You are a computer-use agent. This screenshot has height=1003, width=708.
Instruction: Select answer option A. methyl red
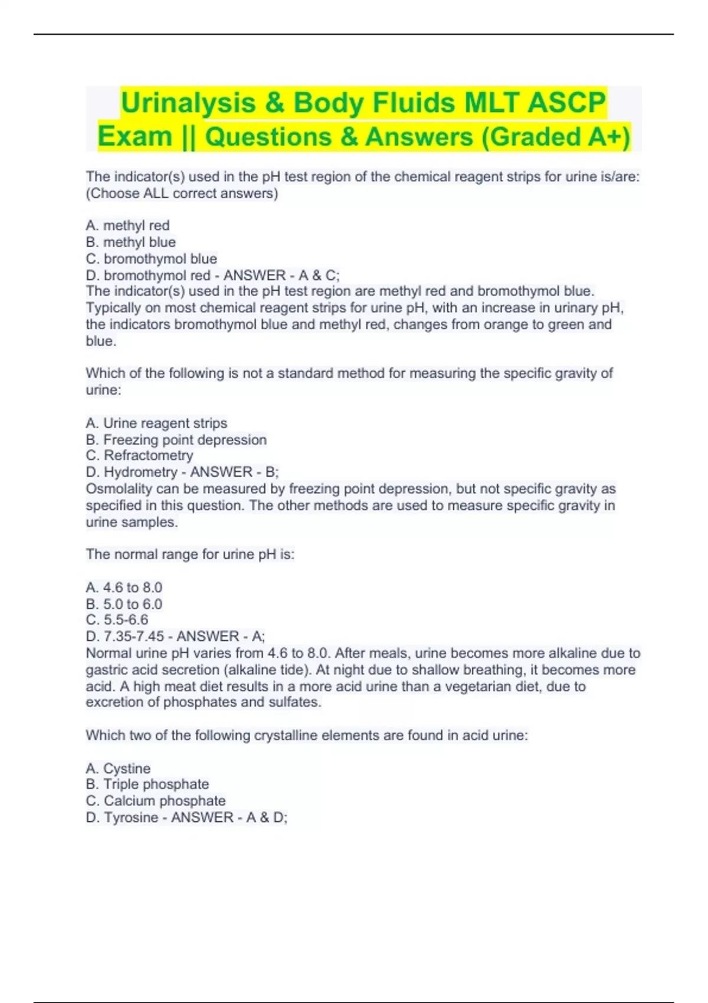point(127,225)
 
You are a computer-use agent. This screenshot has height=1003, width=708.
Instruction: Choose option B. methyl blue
point(130,242)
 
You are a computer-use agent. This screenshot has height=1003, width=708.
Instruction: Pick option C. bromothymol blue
point(151,258)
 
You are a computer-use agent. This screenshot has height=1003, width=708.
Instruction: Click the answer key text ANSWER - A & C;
point(281,275)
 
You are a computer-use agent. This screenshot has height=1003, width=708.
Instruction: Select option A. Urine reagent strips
point(156,423)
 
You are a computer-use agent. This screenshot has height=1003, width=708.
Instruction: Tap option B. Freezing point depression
point(176,440)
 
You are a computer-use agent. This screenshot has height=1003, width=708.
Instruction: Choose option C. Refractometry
point(139,455)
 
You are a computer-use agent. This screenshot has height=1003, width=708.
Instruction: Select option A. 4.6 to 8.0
point(124,588)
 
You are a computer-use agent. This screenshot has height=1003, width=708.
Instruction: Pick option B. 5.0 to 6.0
point(124,604)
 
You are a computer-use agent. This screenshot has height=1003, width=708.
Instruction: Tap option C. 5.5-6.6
point(117,620)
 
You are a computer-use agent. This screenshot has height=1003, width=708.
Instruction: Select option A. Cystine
point(118,768)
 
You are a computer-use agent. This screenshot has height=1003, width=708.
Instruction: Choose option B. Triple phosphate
point(147,784)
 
